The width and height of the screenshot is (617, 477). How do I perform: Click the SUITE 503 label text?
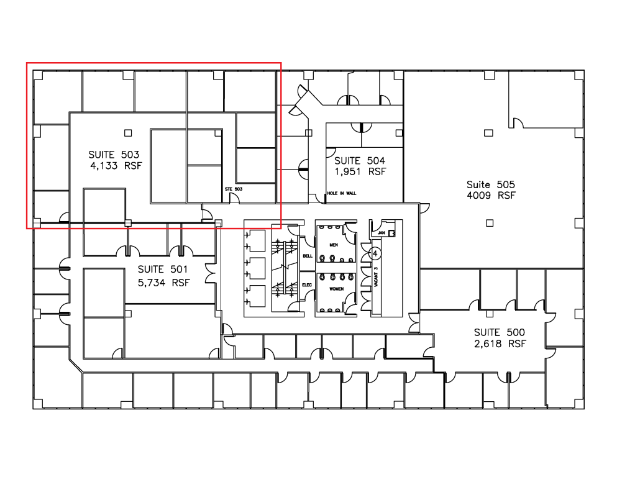coord(114,155)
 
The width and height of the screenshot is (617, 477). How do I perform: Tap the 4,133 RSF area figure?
coord(116,166)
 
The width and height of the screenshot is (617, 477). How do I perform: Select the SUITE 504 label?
coord(360,160)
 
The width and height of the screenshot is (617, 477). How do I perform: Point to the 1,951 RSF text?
coord(360,172)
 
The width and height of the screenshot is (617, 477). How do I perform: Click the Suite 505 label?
coord(491,184)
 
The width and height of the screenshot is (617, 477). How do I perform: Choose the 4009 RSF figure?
coord(491,196)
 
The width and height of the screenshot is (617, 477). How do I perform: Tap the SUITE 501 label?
coord(163,270)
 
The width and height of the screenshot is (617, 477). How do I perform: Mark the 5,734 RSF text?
coord(163,283)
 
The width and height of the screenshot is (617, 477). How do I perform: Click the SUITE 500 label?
coord(500,332)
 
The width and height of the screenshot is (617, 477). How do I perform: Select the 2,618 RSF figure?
coord(500,344)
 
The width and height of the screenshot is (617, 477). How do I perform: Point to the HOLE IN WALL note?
coord(342,193)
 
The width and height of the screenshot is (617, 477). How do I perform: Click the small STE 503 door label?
coord(234,189)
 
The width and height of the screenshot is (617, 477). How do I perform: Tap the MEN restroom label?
coord(334,245)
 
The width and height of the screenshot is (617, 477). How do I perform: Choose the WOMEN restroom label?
coord(336,289)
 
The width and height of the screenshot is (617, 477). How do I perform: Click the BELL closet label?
coord(308,256)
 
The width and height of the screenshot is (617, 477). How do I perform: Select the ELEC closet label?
coord(307,285)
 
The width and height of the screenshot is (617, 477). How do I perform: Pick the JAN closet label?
coord(381,233)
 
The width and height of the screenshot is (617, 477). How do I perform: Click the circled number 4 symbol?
coord(375,253)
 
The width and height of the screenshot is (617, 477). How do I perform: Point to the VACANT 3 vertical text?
coord(376,277)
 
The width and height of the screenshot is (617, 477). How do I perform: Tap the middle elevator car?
coord(255,268)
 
